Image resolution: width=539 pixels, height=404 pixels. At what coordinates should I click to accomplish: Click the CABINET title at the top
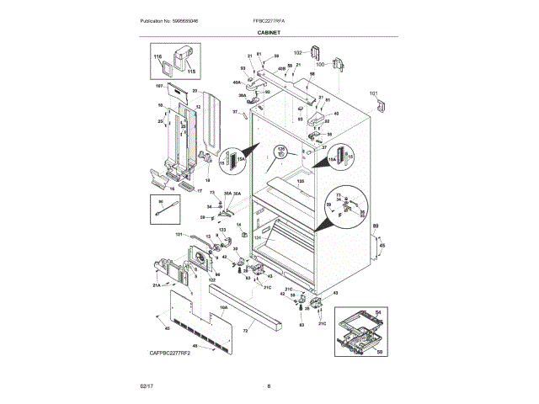(269, 35)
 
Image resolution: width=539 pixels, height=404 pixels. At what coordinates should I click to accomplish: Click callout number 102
(297, 52)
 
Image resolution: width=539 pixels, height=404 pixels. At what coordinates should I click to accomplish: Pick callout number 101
(374, 93)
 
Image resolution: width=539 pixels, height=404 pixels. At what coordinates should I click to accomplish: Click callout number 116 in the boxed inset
(157, 56)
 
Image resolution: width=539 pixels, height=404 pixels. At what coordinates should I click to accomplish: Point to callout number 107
(158, 86)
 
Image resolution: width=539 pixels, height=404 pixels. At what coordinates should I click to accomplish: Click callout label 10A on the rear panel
(223, 307)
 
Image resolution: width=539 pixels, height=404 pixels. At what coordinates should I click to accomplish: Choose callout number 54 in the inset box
(378, 312)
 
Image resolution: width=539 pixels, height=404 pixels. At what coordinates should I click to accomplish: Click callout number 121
(179, 235)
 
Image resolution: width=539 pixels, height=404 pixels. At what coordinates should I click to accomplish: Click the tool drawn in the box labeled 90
(168, 210)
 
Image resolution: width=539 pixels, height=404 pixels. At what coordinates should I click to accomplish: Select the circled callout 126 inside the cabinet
(282, 150)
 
